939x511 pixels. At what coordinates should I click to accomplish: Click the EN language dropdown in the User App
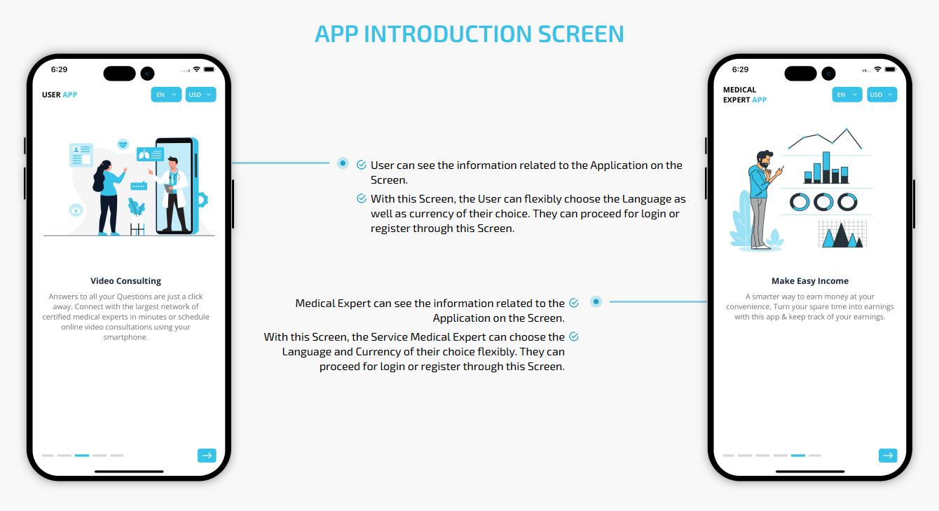point(166,95)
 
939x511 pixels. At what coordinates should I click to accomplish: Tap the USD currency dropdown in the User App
point(201,95)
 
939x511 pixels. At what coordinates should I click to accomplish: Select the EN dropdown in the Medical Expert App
point(847,95)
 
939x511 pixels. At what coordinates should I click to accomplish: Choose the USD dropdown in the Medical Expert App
point(882,95)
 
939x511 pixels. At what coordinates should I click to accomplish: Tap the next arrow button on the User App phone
point(207,455)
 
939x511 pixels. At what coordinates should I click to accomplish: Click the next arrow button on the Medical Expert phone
point(888,455)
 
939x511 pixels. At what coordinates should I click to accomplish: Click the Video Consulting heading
point(125,281)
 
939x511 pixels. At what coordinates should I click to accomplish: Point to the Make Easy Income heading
point(810,281)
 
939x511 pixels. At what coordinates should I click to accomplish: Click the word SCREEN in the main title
point(581,34)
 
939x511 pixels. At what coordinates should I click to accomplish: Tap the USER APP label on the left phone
point(60,95)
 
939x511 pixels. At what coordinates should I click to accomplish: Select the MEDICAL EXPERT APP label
point(745,95)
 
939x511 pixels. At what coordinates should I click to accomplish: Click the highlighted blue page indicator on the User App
point(82,455)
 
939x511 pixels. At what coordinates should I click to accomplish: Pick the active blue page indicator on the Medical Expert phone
point(797,455)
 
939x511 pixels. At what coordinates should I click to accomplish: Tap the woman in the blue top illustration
point(108,197)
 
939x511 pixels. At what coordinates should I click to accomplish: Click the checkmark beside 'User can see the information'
point(362,165)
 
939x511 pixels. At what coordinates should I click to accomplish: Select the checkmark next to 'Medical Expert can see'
point(574,303)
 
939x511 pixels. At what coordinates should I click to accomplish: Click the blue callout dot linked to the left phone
point(343,163)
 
